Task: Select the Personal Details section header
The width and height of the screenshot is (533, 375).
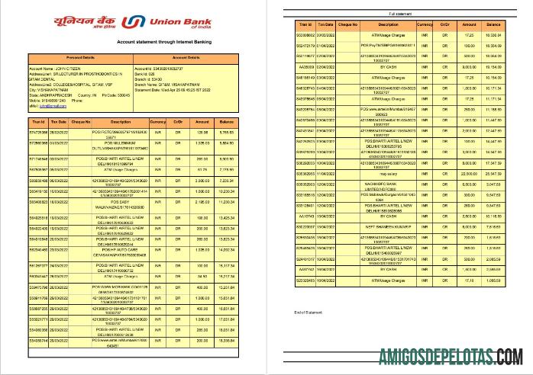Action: (x=80, y=57)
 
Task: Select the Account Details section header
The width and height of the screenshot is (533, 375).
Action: (x=186, y=57)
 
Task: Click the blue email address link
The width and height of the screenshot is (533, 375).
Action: (x=48, y=106)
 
